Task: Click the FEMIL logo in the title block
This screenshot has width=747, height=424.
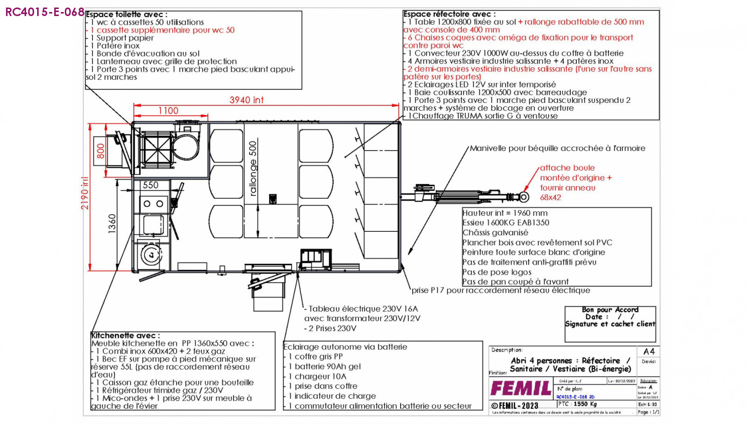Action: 521,388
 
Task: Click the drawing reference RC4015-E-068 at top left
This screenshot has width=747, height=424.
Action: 45,12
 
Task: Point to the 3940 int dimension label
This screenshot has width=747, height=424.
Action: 246,100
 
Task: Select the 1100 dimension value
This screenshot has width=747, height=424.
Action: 168,110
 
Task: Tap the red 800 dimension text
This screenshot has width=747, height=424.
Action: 101,151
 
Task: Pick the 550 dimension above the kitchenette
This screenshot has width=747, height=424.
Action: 151,185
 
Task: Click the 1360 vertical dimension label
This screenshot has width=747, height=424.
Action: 112,223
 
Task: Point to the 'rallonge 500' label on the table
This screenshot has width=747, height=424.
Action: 253,168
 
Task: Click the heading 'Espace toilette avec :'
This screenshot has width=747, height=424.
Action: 127,14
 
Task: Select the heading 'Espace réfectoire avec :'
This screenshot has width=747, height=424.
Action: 449,14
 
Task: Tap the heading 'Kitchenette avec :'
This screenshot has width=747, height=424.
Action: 126,335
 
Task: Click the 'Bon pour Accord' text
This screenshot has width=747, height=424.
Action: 610,310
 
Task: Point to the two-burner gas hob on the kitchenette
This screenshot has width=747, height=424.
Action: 153,204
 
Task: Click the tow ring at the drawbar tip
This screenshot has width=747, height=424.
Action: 525,197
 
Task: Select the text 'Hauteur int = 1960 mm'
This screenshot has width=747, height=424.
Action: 505,213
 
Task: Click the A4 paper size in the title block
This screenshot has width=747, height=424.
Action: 649,351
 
